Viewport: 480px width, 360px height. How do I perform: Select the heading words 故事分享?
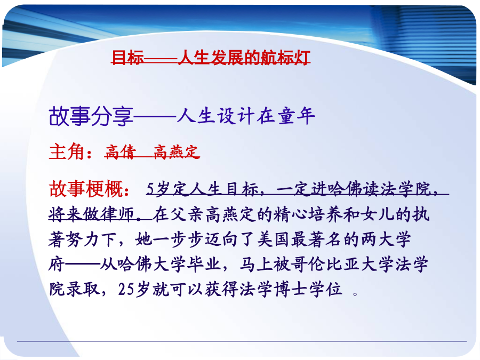(x=91, y=116)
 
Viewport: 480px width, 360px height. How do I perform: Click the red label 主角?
(x=67, y=151)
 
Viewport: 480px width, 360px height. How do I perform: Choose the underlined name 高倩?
(x=121, y=152)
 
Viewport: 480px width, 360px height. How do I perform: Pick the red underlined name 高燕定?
(x=177, y=152)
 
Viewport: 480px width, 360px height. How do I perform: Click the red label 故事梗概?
(x=86, y=189)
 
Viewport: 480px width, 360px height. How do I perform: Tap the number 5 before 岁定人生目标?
(x=150, y=189)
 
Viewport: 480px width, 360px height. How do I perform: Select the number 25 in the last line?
(x=126, y=289)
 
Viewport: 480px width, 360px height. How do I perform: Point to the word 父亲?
(x=187, y=214)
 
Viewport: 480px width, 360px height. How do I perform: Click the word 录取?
(x=83, y=289)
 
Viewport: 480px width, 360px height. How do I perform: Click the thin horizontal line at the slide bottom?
(x=242, y=341)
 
